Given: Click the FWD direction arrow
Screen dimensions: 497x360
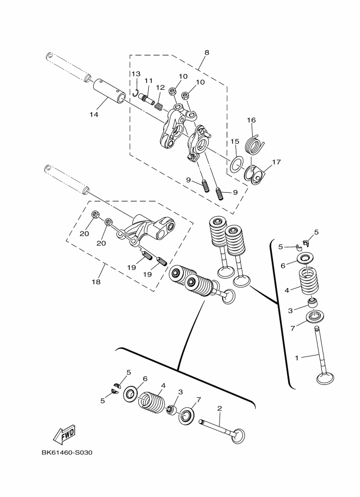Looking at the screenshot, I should coord(64,433).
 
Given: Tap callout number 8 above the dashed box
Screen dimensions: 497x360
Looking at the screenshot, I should coord(206,53).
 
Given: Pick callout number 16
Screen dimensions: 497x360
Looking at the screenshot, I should coord(251,120).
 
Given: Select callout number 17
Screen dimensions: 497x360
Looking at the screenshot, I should coord(276,162).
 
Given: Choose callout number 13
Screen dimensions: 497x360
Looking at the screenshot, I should coord(135,73).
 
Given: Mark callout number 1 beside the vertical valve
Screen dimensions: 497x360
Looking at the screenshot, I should coord(297,358).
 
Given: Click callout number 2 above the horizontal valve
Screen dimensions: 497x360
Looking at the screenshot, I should coord(219,408).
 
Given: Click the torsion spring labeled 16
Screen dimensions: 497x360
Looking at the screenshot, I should coord(255,145).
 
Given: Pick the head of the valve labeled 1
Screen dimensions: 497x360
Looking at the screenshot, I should coord(326,377).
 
